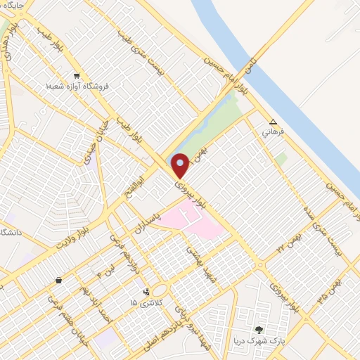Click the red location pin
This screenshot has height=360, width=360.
tap(180, 165)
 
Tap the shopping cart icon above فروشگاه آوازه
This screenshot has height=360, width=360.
tap(76, 75)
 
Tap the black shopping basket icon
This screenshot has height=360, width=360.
tap(58, 281)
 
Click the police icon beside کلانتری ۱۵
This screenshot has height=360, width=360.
tap(146, 292)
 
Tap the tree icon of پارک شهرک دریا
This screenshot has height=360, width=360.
tap(259, 329)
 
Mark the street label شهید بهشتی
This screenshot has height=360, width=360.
tap(193, 262)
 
